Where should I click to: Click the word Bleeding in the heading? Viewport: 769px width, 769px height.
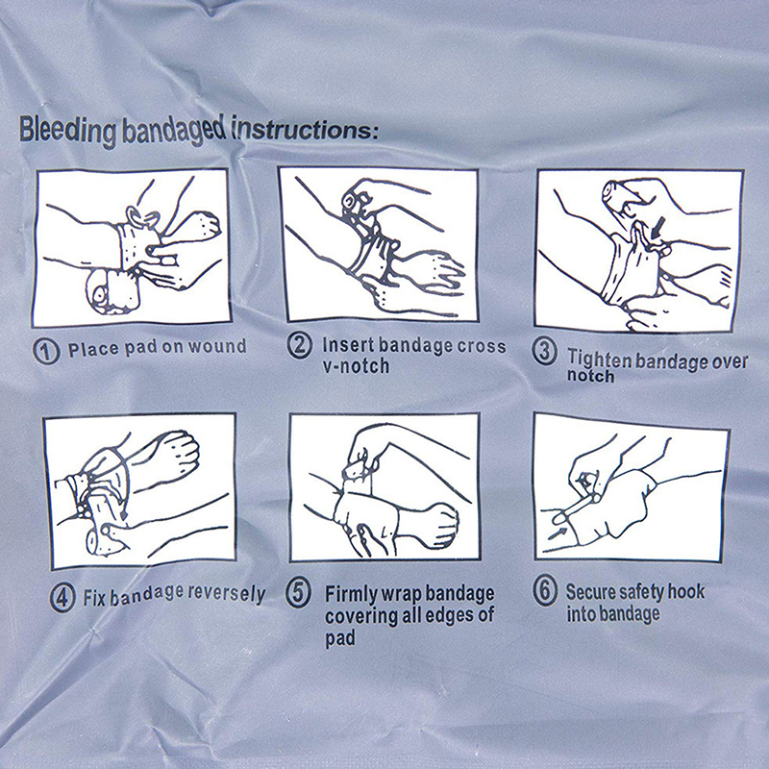67,130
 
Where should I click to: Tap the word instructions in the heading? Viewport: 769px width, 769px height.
305,129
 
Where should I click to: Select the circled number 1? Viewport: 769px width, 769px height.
46,351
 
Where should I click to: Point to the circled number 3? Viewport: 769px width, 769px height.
545,352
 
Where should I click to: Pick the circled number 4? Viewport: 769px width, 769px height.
62,598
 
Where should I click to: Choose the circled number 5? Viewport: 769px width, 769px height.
299,593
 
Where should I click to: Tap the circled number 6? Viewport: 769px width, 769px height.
545,591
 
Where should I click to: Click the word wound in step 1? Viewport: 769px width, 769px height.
218,347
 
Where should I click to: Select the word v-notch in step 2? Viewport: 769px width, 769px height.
356,366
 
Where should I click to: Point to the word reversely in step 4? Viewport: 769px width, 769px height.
227,594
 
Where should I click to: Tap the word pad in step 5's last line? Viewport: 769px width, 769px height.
340,638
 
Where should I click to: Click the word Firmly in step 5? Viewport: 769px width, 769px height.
350,595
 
